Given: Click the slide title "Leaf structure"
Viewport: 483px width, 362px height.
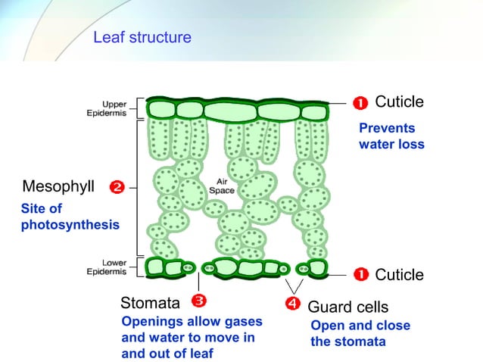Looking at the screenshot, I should point(142,37).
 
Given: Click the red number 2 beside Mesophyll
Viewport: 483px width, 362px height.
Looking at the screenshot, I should point(117,186).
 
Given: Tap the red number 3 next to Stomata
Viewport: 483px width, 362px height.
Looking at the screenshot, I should point(199,301).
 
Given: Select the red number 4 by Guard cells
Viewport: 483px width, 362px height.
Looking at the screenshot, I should point(294,304).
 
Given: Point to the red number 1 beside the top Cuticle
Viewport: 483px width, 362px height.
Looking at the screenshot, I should point(361,102).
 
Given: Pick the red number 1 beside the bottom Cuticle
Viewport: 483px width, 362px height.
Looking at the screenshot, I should point(361,274).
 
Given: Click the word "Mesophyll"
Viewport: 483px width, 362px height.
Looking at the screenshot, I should point(59,186).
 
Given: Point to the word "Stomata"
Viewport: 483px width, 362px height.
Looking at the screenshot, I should point(151,304).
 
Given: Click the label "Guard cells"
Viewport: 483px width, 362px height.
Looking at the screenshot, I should point(347,307).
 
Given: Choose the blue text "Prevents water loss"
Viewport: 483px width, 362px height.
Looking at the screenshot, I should point(391,136).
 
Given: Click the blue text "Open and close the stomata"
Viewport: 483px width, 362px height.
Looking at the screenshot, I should point(360,333).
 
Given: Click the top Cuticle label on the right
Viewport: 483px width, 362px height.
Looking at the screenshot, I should point(399,101).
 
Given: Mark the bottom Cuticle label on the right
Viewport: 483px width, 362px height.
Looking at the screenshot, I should point(399,274).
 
